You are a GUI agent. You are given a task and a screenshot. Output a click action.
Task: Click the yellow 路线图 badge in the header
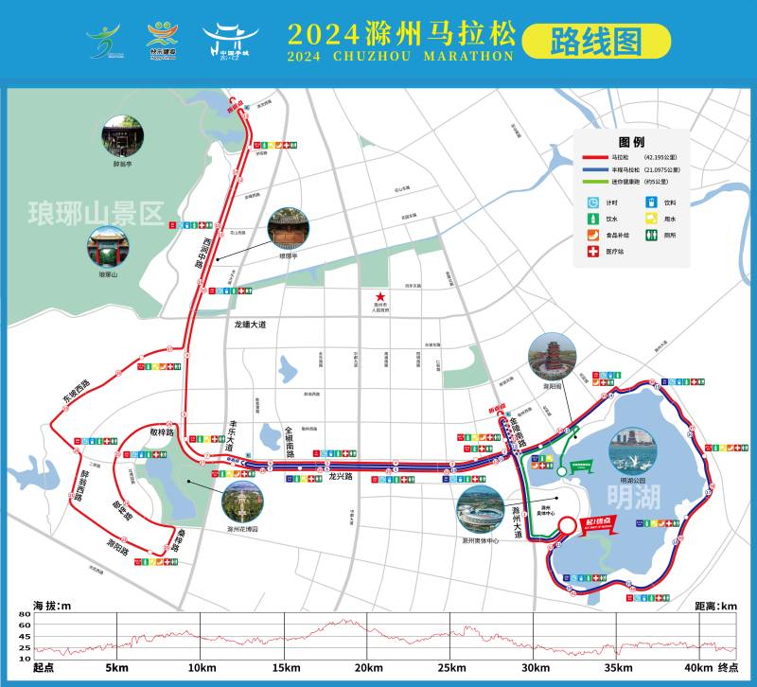(x=596, y=41)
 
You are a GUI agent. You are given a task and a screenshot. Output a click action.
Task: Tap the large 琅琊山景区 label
(x=96, y=210)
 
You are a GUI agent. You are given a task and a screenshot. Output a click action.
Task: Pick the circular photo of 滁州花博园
(x=242, y=502)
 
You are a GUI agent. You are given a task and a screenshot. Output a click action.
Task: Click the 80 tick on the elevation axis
(x=25, y=614)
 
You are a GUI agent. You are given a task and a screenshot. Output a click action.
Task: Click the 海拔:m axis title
(x=52, y=605)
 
